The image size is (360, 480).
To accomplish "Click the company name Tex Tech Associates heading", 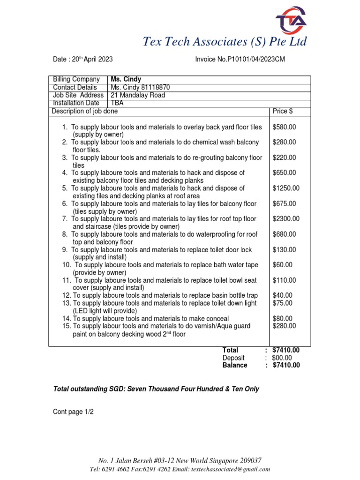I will [225, 42].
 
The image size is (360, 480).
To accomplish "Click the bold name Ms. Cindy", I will [126, 79].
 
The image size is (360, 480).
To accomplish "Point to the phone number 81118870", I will [155, 87].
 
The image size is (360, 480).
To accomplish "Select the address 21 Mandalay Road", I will [138, 95].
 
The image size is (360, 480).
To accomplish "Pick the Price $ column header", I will [283, 111].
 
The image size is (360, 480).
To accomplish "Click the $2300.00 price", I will [286, 218].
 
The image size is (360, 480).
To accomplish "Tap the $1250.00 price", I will [286, 188].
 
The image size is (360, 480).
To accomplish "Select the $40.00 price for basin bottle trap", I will [282, 295].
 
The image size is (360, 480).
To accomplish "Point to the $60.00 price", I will [282, 265].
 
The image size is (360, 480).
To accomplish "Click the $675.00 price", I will [284, 203].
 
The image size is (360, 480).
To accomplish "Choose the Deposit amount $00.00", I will [282, 358].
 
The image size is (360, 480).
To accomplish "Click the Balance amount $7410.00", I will [285, 365].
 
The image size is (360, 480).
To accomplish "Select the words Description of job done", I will [85, 111].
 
